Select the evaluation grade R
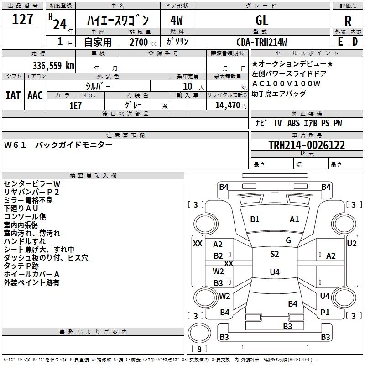point(348,21)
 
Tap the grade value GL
point(262,21)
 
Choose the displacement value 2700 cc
point(140,42)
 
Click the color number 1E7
point(76,104)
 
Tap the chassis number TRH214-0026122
point(307,145)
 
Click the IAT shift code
point(13,95)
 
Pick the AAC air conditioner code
point(35,95)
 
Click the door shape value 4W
point(177,21)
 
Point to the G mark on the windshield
point(288,240)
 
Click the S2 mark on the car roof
point(274,254)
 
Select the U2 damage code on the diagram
point(352,244)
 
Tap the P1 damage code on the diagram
point(325,313)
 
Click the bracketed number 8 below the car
point(199,349)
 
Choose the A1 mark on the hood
point(294,219)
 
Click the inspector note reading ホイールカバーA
point(32,274)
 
